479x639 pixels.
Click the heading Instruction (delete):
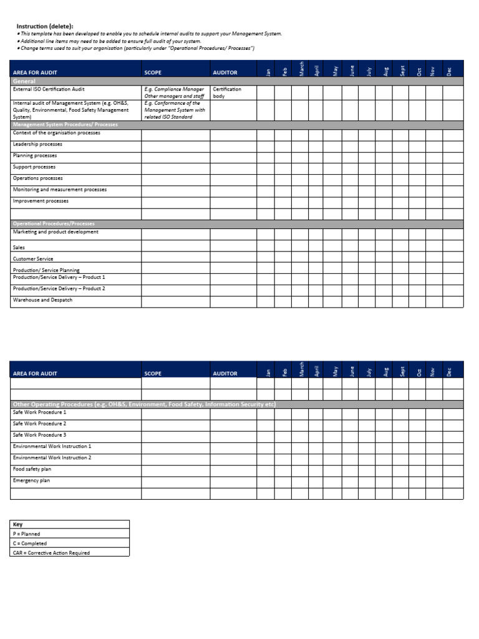click(x=44, y=26)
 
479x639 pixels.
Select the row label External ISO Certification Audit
click(x=49, y=89)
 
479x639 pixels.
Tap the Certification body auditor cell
click(x=227, y=93)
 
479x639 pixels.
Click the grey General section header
click(x=24, y=81)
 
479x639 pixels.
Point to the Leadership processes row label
click(x=37, y=144)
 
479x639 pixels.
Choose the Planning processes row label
click(x=35, y=155)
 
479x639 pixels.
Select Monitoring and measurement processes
click(x=59, y=190)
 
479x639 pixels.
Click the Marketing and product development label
click(x=56, y=232)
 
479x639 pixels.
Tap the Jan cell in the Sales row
click(x=265, y=246)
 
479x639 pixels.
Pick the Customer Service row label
click(x=33, y=258)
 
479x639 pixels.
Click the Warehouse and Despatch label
click(x=42, y=300)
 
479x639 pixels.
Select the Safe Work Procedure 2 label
click(x=39, y=424)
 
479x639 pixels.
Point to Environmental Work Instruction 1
click(x=52, y=447)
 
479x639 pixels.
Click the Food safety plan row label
click(x=32, y=469)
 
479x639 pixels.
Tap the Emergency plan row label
click(x=31, y=480)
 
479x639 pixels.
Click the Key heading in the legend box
click(x=17, y=525)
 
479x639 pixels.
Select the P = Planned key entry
click(x=26, y=534)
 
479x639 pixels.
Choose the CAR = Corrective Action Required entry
click(x=51, y=553)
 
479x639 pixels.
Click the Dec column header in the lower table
click(x=448, y=371)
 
